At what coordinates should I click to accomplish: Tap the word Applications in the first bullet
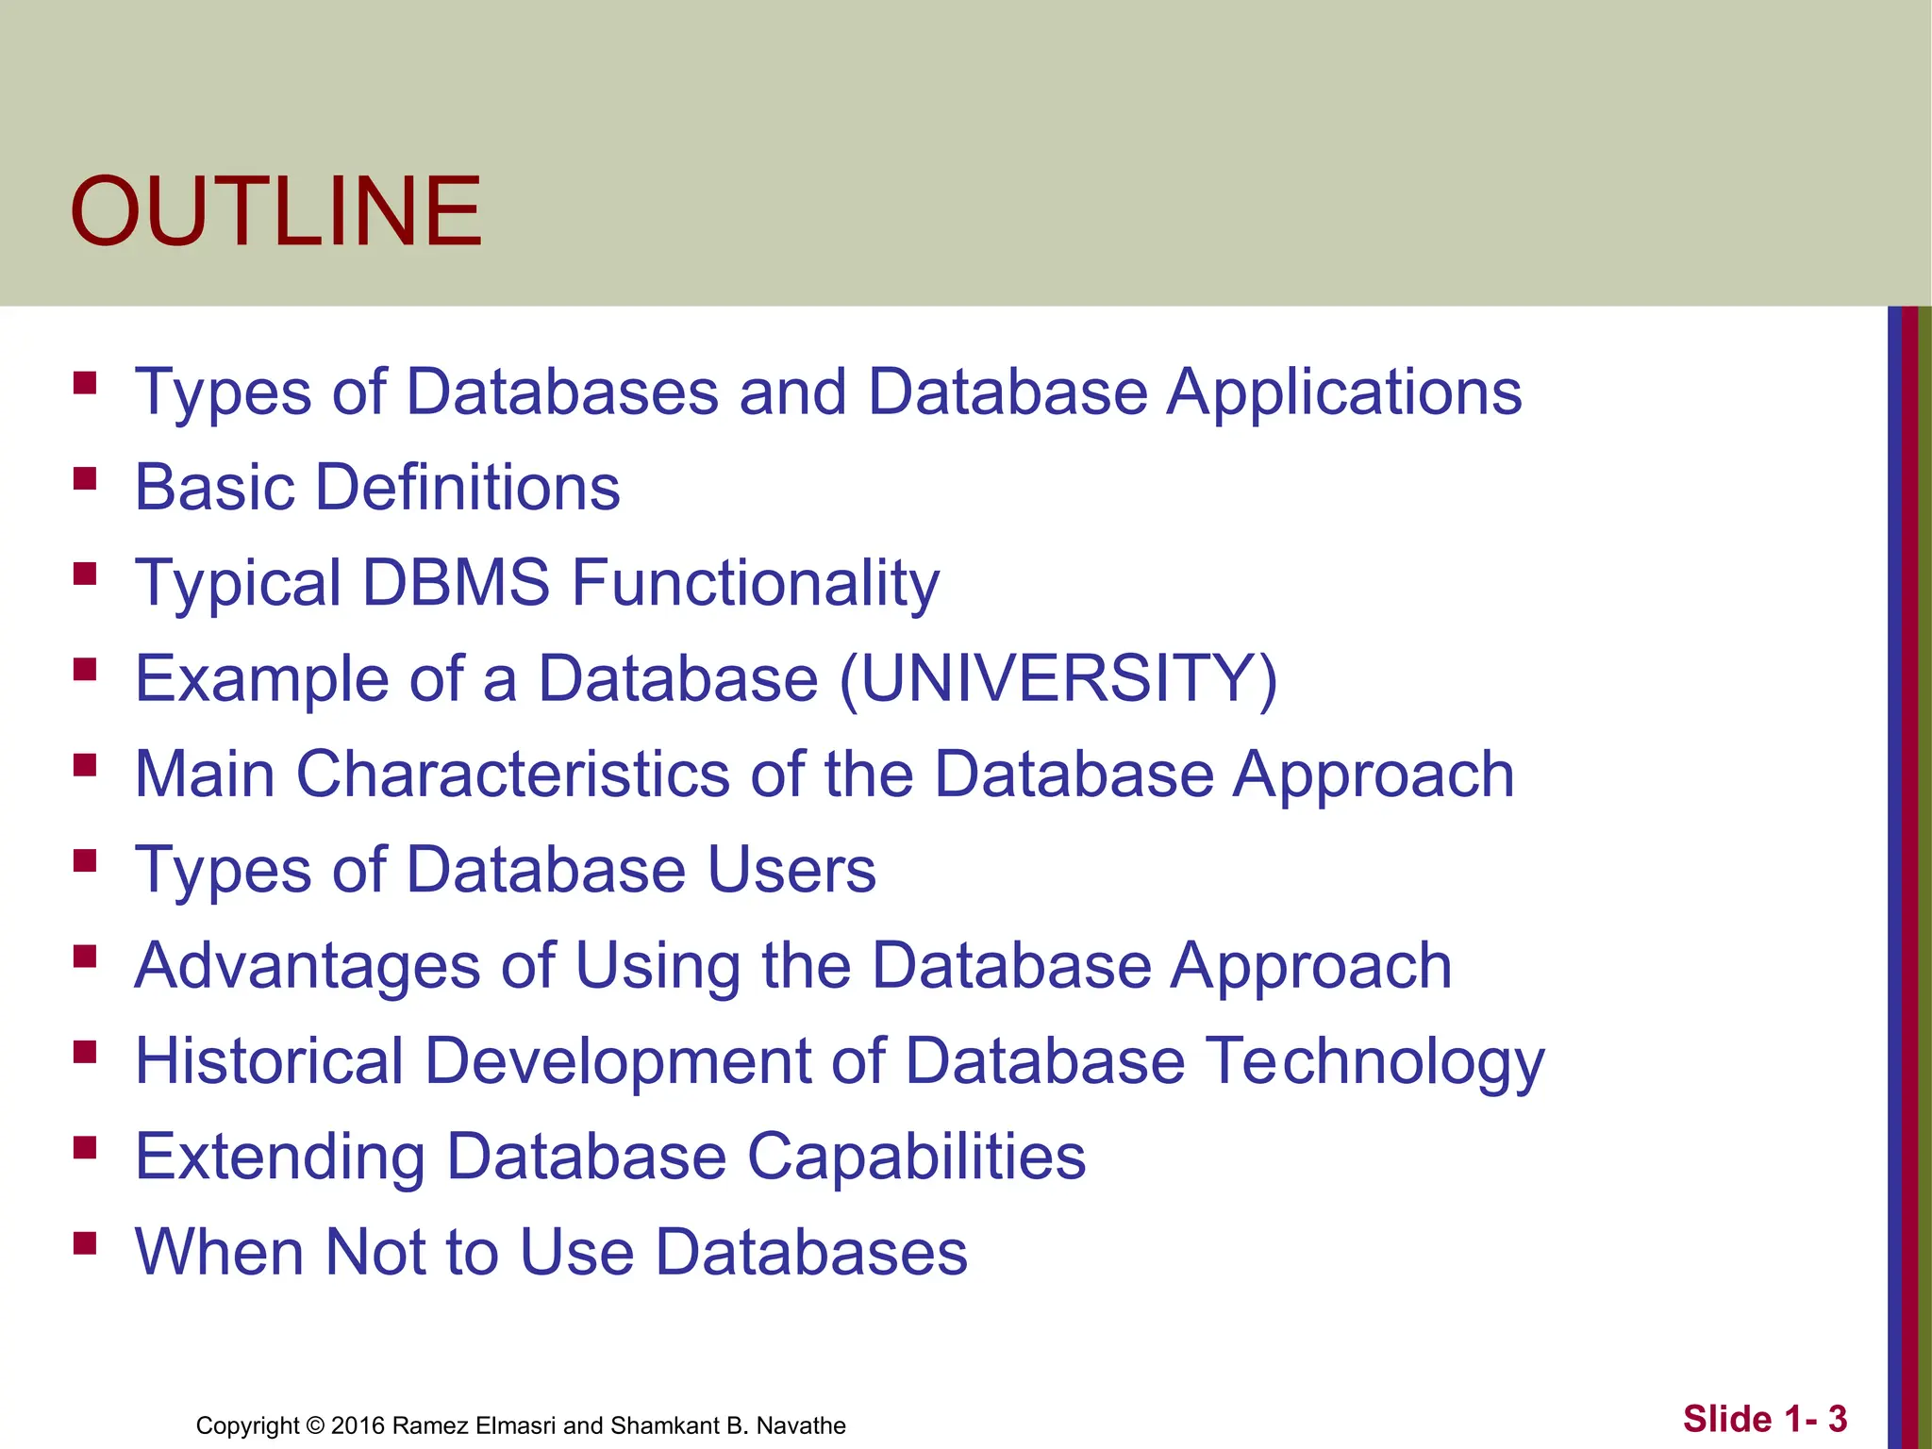(1344, 391)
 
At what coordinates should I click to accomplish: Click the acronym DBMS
(456, 582)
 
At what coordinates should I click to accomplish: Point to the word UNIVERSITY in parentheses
(1058, 678)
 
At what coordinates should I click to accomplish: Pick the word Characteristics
(512, 774)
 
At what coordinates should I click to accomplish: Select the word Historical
(270, 1060)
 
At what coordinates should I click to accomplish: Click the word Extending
(280, 1157)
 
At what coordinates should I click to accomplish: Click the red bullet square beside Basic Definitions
(85, 478)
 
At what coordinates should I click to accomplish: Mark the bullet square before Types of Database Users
(85, 860)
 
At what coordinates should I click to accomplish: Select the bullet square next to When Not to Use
(85, 1242)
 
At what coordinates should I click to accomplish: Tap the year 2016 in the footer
(358, 1425)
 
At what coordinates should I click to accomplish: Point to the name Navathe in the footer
(801, 1425)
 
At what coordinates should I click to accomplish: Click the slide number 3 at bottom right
(1837, 1419)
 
